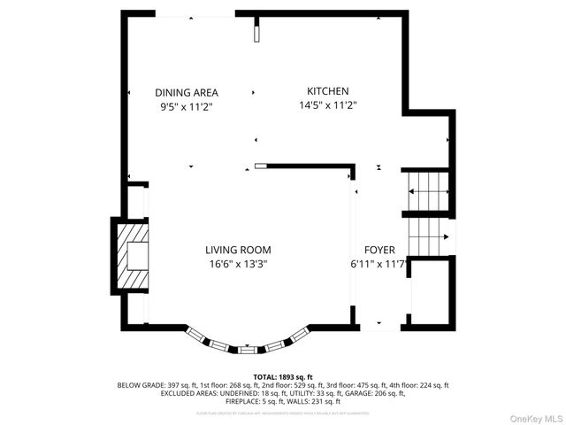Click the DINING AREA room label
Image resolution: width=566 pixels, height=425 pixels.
pos(187,92)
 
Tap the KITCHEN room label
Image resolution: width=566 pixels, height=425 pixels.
pos(327,91)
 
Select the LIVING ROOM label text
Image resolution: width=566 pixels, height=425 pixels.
pos(238,250)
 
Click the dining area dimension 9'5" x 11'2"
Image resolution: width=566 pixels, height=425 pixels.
pos(187,105)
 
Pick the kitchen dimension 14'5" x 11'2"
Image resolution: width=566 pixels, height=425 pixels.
pos(327,104)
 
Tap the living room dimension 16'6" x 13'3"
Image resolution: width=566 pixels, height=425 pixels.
pos(238,263)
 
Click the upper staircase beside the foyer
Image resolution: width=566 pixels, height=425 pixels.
pos(428,189)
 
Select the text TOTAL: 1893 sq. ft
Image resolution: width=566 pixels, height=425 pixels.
pos(283,377)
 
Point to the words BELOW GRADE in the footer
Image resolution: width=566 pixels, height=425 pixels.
pos(139,385)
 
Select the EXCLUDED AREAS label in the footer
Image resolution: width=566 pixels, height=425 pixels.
pos(162,393)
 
